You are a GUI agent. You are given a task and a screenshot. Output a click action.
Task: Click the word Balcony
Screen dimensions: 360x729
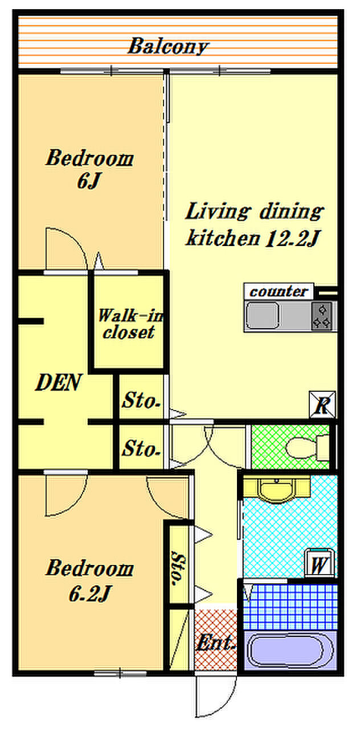tap(168, 46)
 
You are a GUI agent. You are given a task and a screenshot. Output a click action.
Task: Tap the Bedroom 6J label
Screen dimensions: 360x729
tap(89, 169)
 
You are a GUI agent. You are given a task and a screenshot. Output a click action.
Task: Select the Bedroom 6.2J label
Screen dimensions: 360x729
tap(89, 580)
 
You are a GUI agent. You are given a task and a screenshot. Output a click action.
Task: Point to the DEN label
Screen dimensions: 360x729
tap(58, 382)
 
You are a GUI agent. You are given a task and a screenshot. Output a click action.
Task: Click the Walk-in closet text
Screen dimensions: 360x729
tap(130, 324)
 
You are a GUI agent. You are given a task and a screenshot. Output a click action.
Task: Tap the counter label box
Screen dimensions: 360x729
tap(279, 291)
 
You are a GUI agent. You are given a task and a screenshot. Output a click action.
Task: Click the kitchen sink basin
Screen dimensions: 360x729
tap(263, 316)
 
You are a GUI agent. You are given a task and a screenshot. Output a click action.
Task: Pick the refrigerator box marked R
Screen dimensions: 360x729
tap(322, 404)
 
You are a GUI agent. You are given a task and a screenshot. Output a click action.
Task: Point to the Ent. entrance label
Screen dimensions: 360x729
tap(215, 642)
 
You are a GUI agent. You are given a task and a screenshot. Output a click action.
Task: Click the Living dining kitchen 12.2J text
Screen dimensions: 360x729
tap(255, 225)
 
